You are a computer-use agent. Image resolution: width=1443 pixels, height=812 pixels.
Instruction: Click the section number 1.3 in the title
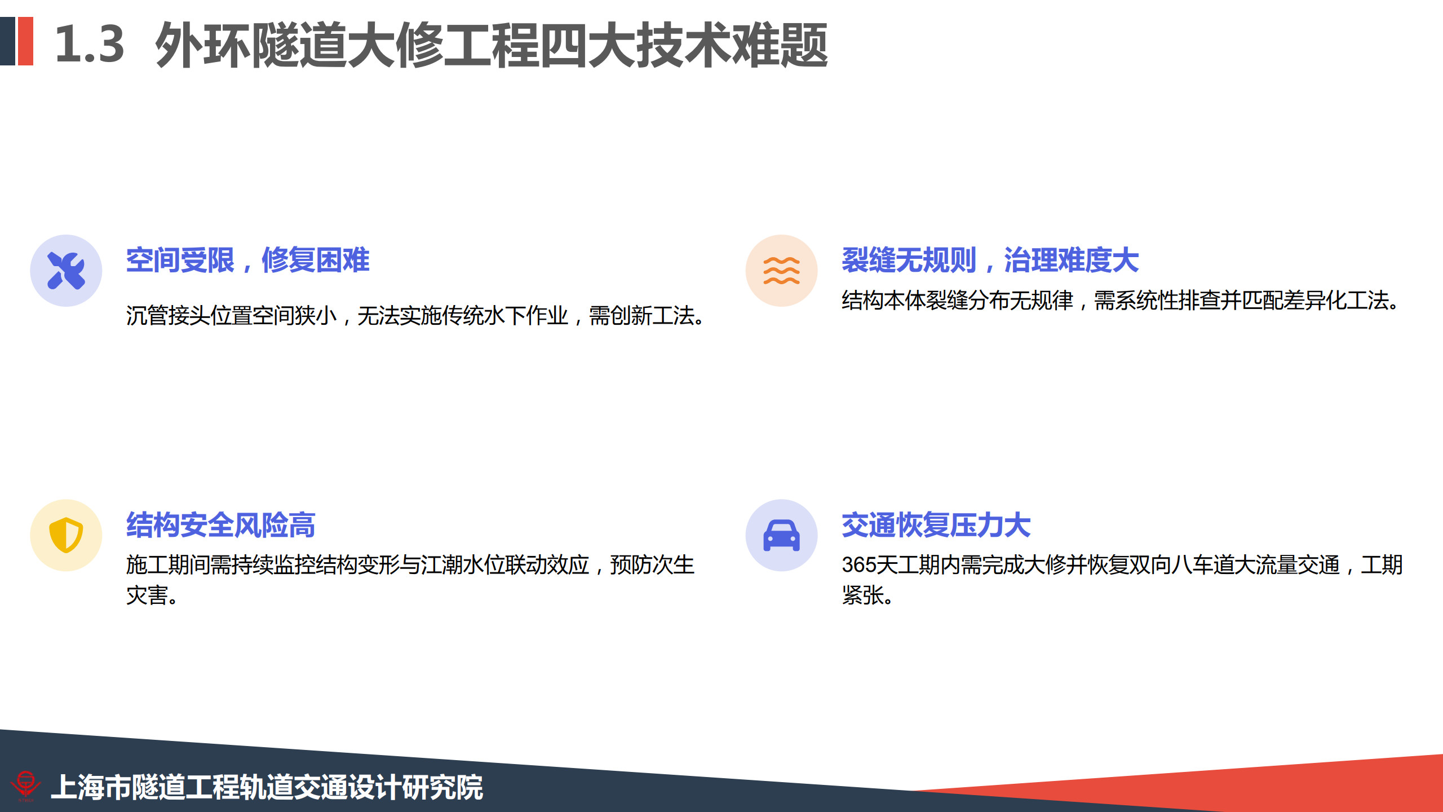coord(90,44)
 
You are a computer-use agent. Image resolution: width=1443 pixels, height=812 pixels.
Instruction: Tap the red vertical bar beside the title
coord(26,41)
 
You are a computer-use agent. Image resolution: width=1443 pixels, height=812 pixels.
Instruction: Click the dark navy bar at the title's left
coord(7,41)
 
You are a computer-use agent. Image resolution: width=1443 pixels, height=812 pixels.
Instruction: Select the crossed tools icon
coord(66,271)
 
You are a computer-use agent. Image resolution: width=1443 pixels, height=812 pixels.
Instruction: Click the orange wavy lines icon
coord(781,271)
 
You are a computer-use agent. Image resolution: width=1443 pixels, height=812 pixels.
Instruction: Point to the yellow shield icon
coord(66,535)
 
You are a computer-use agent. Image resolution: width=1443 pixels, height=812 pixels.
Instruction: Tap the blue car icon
coord(781,535)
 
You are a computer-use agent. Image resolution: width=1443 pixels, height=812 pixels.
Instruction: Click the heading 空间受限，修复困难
coord(248,261)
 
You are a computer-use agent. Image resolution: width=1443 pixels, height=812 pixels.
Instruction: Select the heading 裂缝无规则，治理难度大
coord(990,261)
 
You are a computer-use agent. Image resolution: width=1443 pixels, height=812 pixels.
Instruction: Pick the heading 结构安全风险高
coord(221,525)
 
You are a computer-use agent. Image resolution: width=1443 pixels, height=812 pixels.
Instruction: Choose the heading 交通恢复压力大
coord(936,525)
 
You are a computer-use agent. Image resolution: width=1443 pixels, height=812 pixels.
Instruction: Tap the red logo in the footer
coord(25,785)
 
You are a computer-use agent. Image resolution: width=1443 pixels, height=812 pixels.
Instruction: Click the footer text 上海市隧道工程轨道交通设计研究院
coord(267,787)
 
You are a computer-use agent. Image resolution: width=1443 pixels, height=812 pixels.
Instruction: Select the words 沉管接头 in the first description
coord(168,316)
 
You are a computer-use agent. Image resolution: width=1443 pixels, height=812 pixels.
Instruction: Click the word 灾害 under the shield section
coord(147,595)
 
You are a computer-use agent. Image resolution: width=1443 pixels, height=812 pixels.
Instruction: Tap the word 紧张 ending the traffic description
coord(863,595)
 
